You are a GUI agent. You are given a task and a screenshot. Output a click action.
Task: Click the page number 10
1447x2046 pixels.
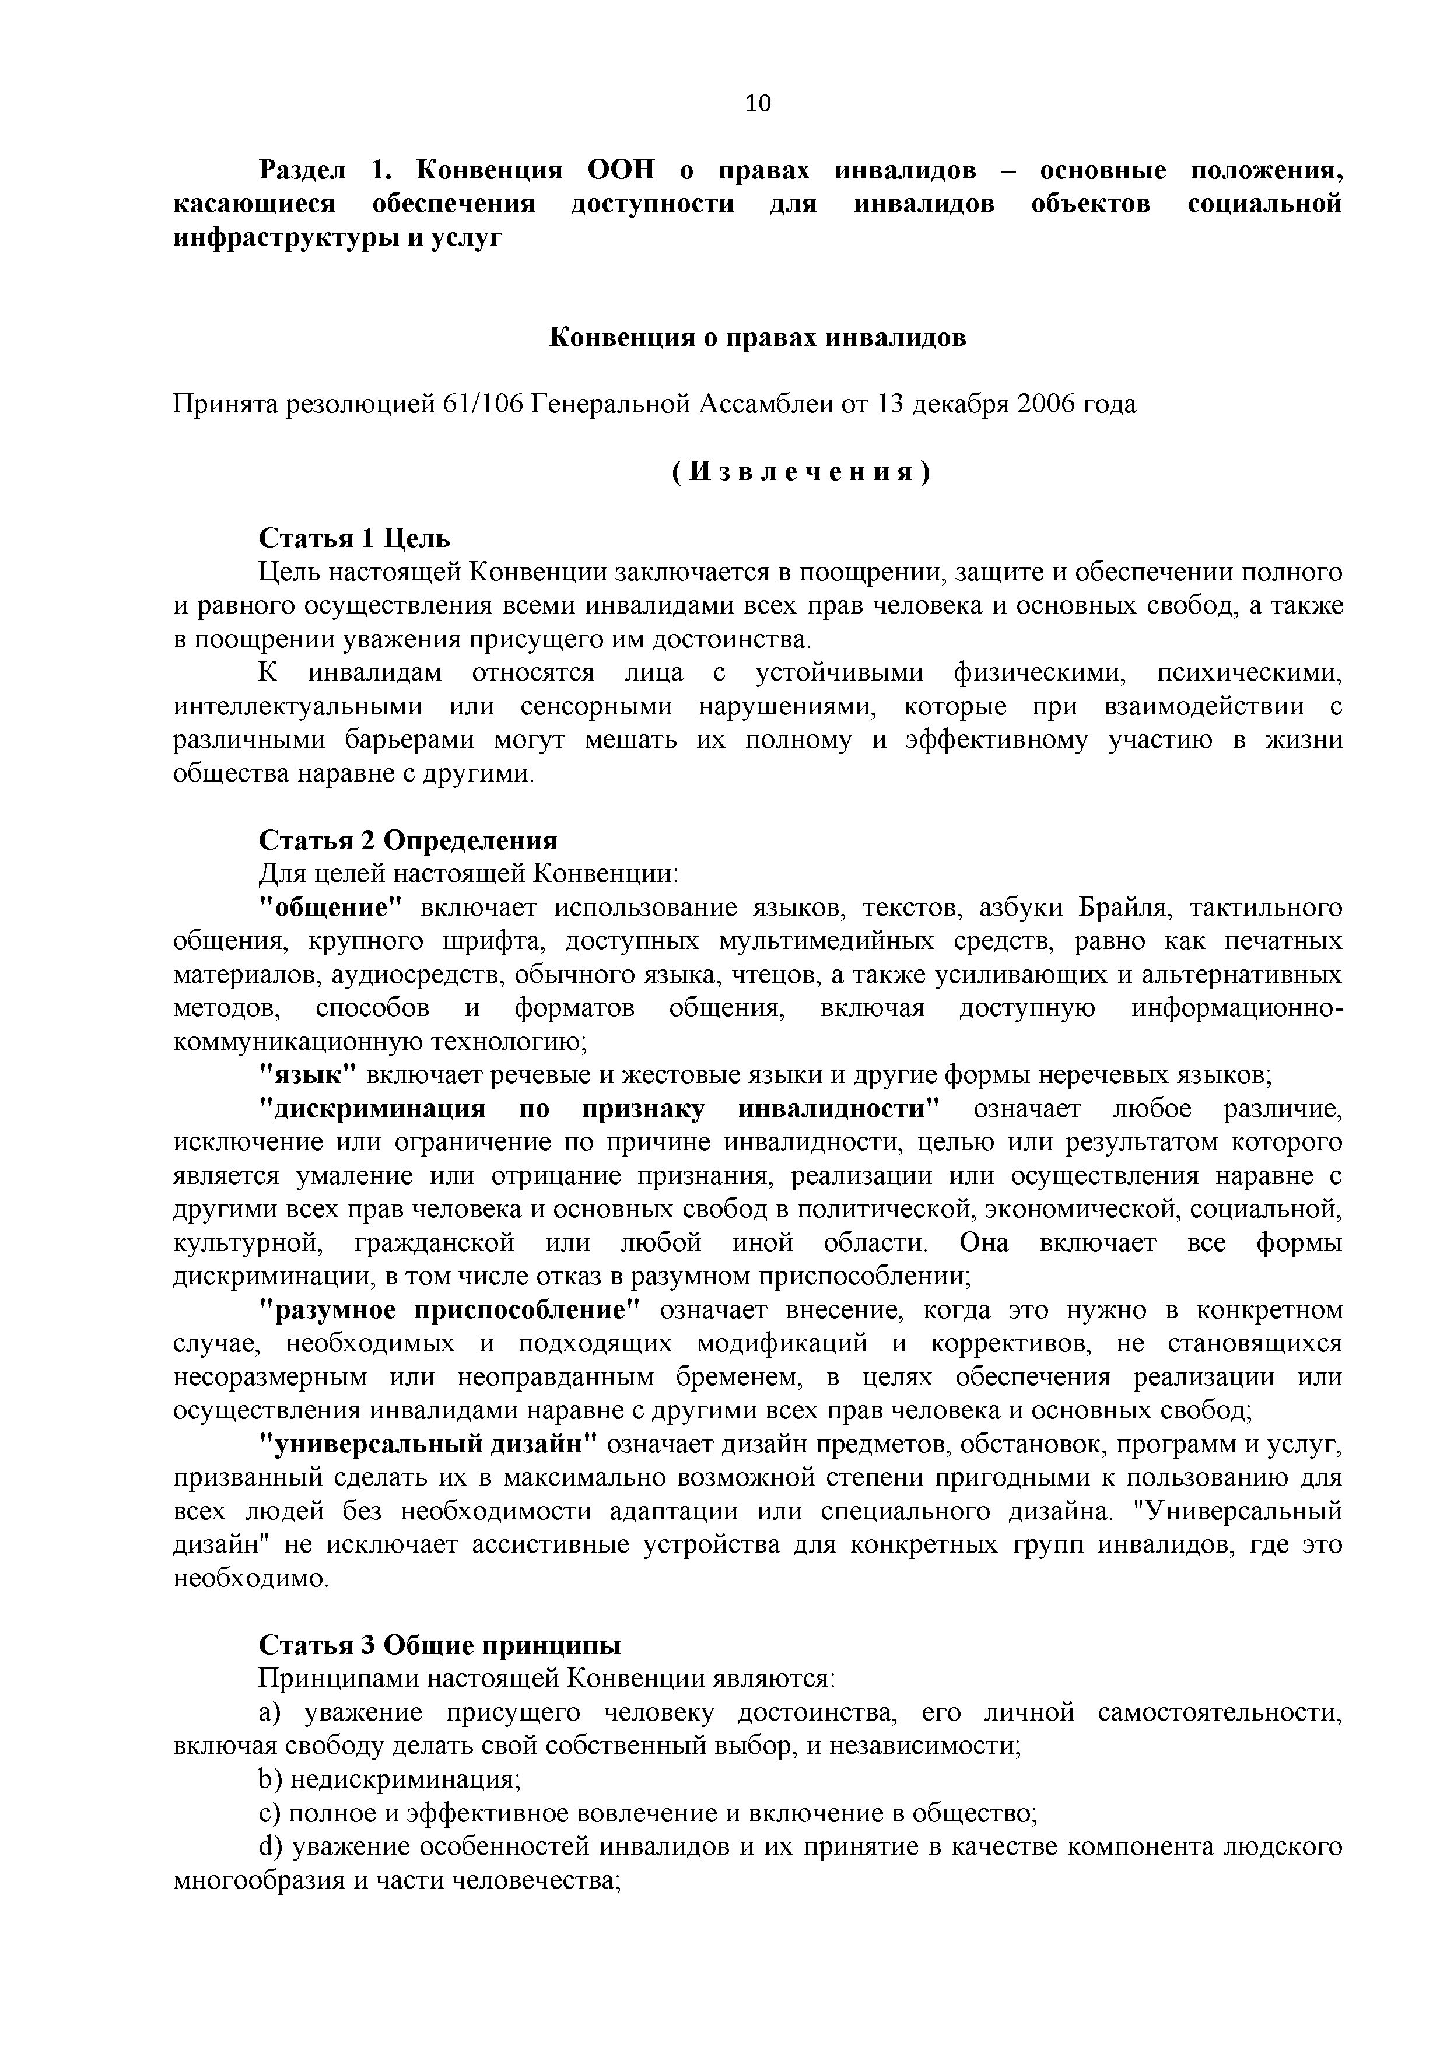coord(758,104)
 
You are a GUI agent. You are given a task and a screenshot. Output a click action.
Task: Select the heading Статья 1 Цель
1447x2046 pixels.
coord(355,538)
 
